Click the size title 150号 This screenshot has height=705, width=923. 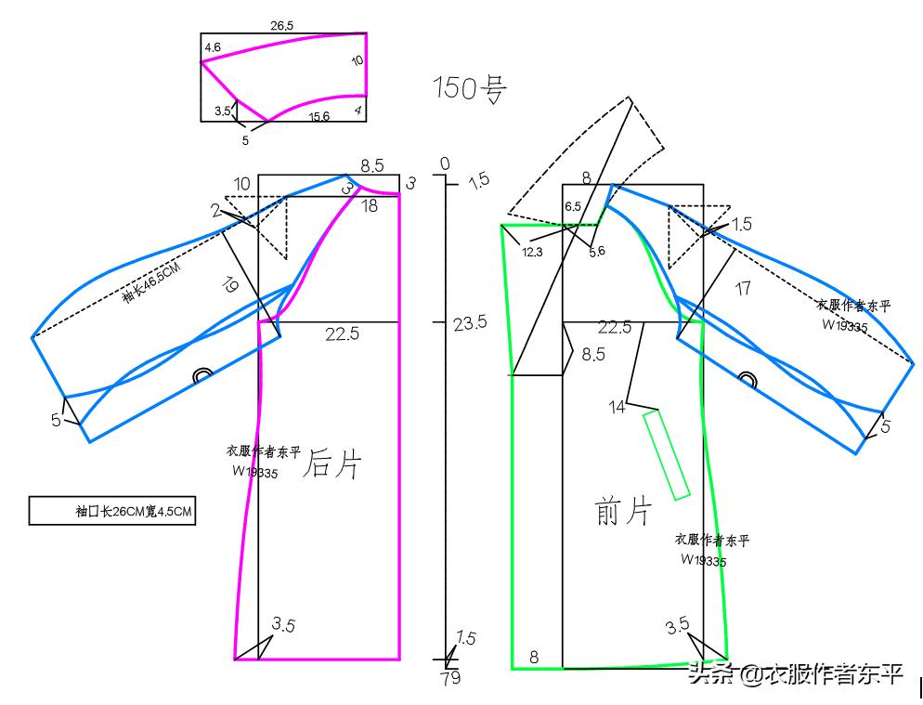tap(470, 88)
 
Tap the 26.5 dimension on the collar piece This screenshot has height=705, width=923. tap(282, 26)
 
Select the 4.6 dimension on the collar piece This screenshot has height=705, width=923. tap(212, 46)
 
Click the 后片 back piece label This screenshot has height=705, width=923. tap(331, 464)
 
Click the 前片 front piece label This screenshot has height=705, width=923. tap(623, 511)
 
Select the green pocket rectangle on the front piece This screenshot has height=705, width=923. tap(667, 455)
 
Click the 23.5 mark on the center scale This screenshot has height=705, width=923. tap(470, 323)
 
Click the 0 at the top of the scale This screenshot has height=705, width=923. tap(445, 164)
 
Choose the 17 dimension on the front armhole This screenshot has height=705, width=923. tap(742, 289)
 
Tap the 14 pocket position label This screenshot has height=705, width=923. tap(617, 406)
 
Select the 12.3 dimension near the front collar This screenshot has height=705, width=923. tap(532, 252)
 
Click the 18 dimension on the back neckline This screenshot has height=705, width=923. tap(369, 206)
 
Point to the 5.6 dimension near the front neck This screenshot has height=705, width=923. tap(595, 252)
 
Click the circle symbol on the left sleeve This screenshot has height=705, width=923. tap(201, 374)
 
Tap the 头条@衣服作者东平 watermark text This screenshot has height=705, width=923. tap(795, 674)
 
